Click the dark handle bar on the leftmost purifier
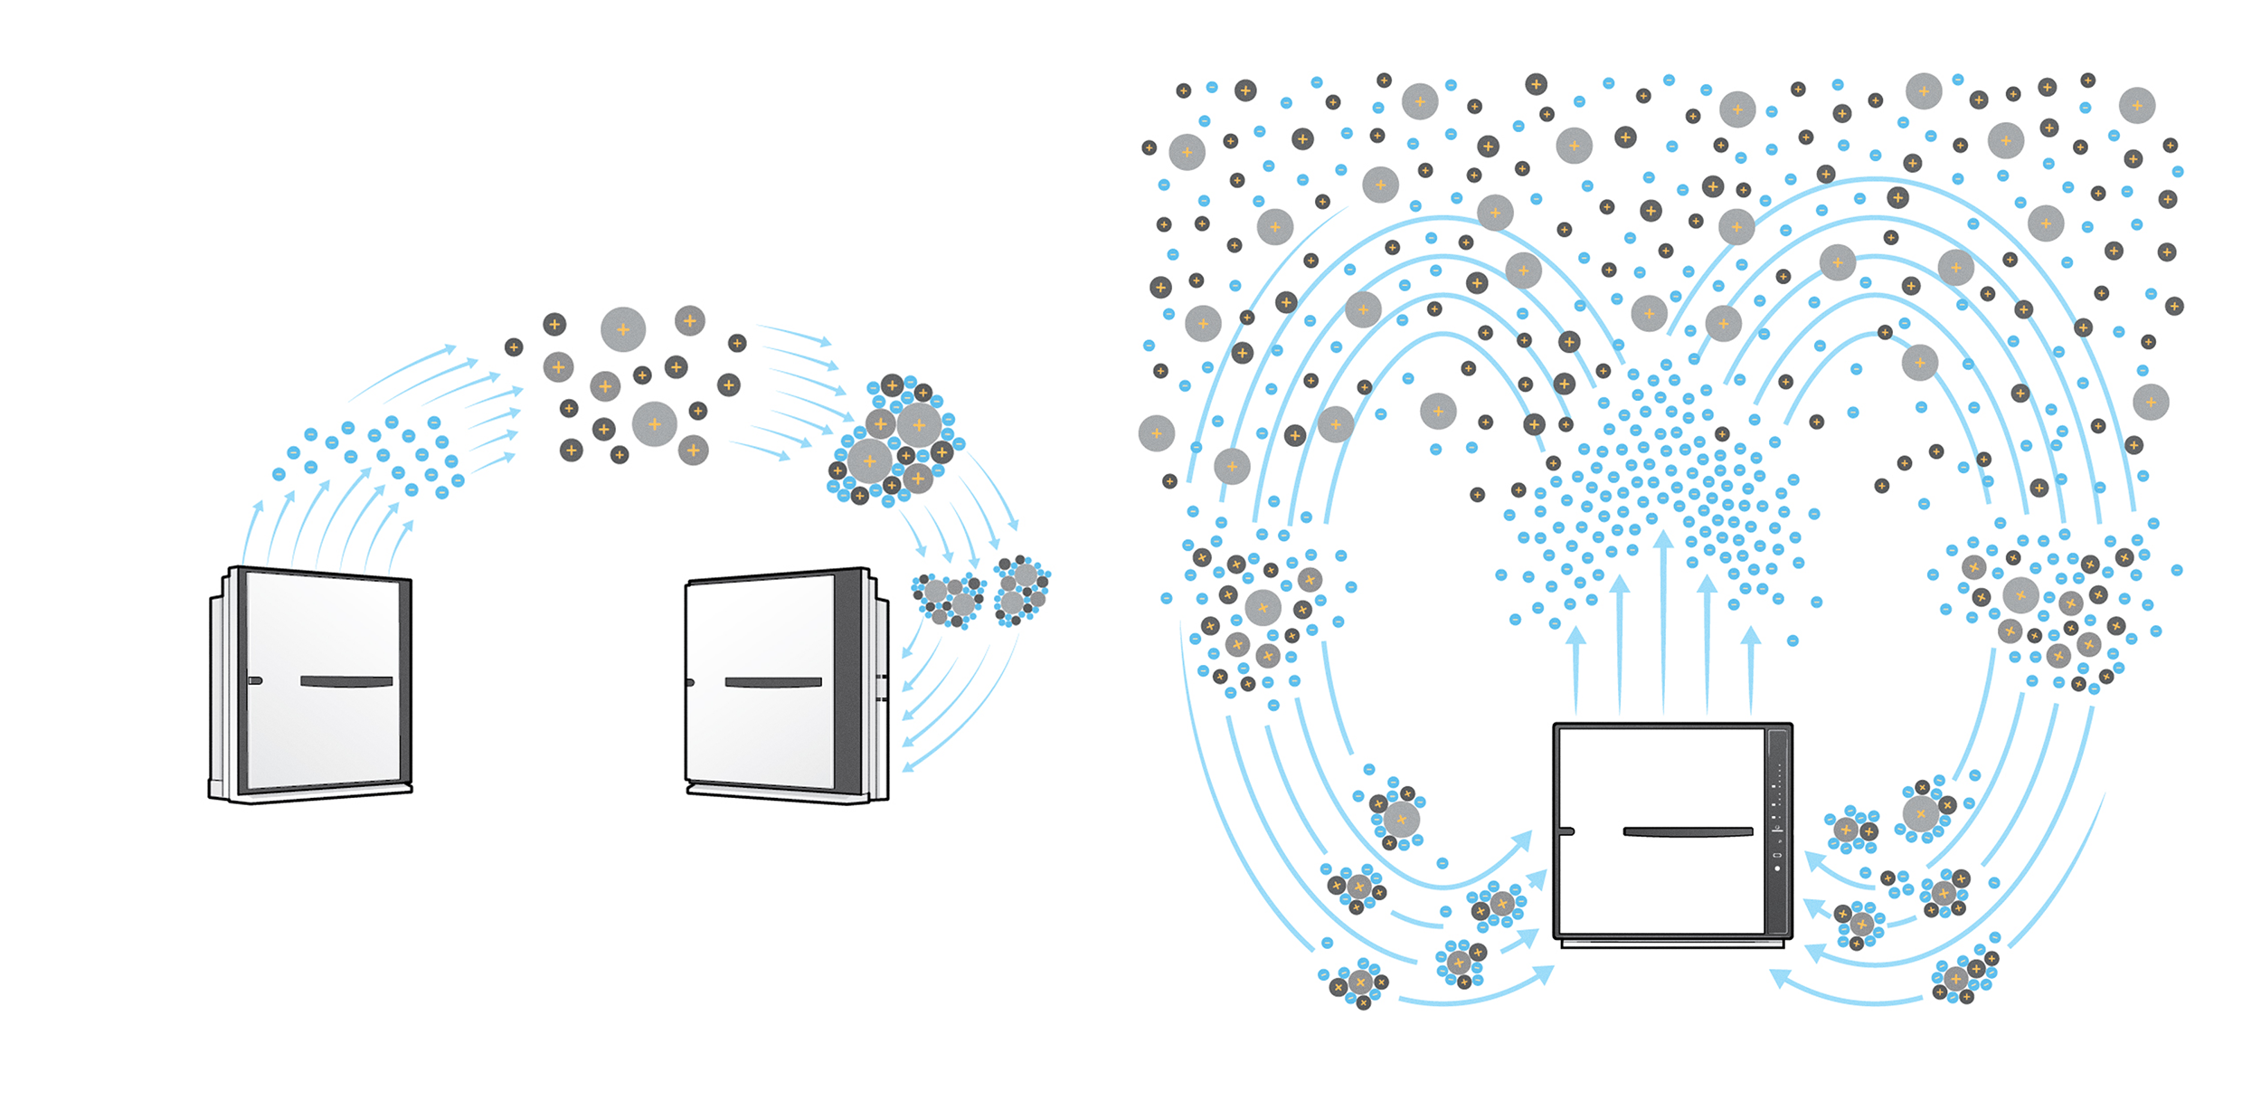[x=346, y=681]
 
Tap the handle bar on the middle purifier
[x=773, y=682]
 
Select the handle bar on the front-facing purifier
[x=1688, y=831]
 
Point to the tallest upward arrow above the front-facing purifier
[x=1663, y=624]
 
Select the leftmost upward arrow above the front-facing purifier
[x=1576, y=669]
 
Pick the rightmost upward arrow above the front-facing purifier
[x=1751, y=669]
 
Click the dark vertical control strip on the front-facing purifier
[x=1777, y=832]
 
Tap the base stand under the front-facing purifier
[x=1672, y=944]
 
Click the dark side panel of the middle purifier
[x=848, y=683]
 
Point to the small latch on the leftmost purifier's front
[x=256, y=680]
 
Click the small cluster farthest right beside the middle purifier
[x=1022, y=592]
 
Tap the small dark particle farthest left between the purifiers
[x=514, y=346]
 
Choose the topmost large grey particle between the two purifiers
[x=623, y=329]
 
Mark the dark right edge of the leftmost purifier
[x=405, y=683]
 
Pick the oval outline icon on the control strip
[x=1777, y=855]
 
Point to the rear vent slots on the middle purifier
[x=881, y=688]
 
